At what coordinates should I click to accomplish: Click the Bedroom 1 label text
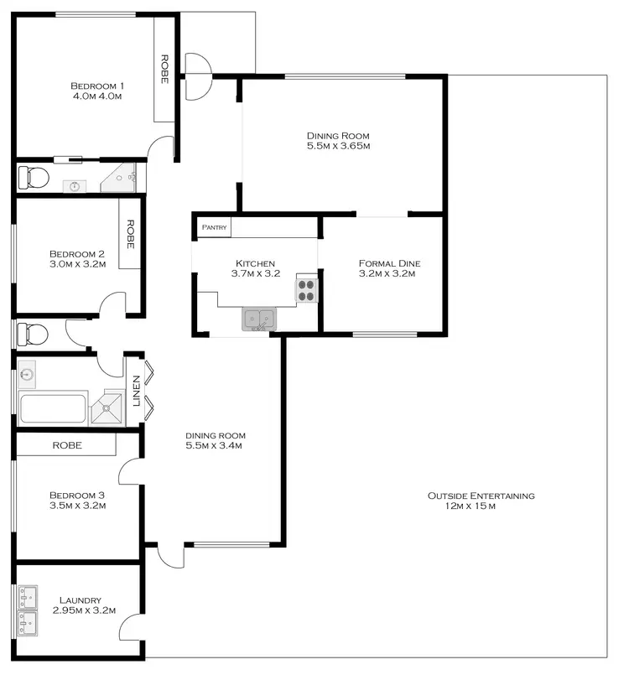tap(96, 86)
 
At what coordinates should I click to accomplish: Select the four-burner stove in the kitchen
tap(306, 289)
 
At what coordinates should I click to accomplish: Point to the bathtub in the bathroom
tap(53, 409)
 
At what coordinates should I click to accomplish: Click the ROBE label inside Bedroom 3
tap(67, 445)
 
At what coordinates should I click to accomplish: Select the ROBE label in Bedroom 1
tap(165, 69)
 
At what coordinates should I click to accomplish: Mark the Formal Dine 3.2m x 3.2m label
tap(388, 268)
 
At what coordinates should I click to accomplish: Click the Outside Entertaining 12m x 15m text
tap(481, 501)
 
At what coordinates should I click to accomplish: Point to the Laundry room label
tap(81, 600)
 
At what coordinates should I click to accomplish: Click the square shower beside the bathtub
tap(107, 408)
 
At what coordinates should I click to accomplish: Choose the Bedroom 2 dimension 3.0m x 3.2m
tap(76, 265)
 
